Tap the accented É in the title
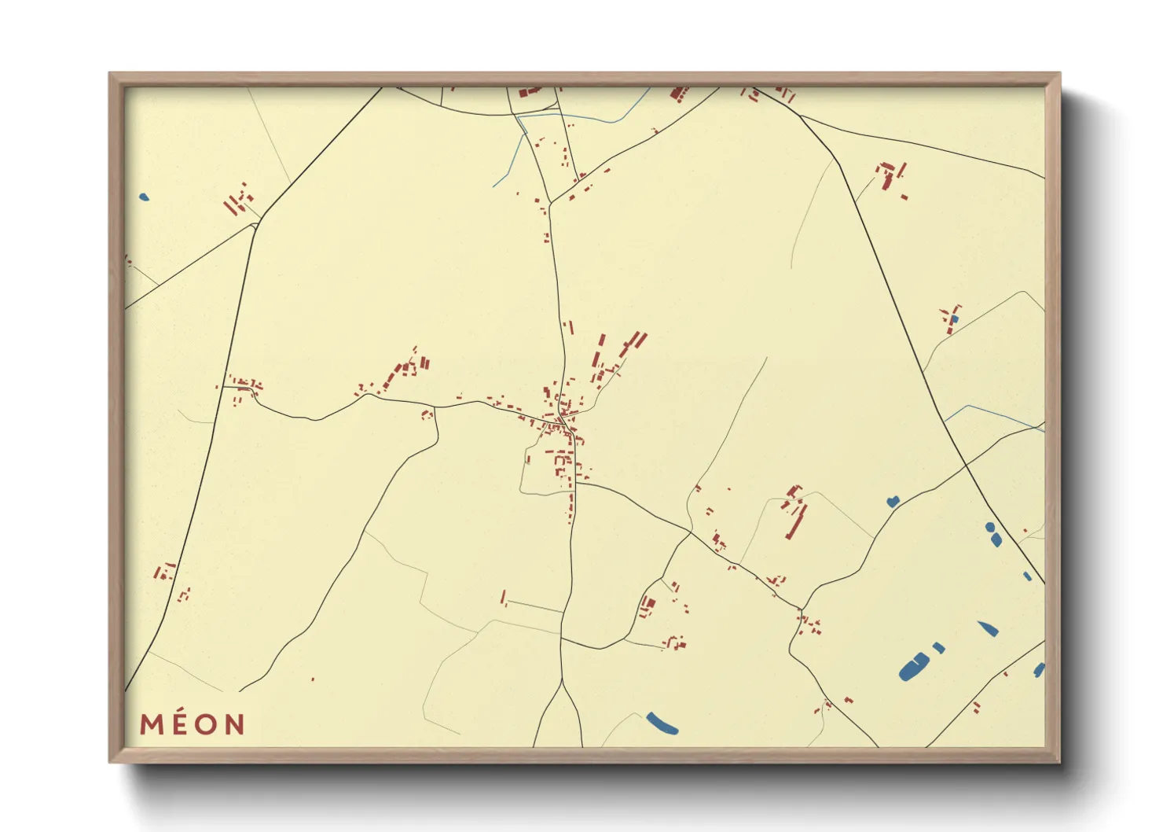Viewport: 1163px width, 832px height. (x=179, y=723)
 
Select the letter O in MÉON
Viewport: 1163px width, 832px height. (x=206, y=724)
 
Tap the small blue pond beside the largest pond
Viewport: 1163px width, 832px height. (x=938, y=648)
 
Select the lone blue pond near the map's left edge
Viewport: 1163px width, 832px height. (x=143, y=197)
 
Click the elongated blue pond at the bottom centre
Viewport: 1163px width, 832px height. (x=662, y=723)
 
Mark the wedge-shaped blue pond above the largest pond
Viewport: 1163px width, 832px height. (x=988, y=628)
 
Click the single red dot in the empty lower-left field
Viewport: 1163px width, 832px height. (x=313, y=679)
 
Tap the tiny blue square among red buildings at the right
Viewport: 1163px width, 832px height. (x=954, y=320)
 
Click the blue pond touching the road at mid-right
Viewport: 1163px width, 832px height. (x=893, y=501)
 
